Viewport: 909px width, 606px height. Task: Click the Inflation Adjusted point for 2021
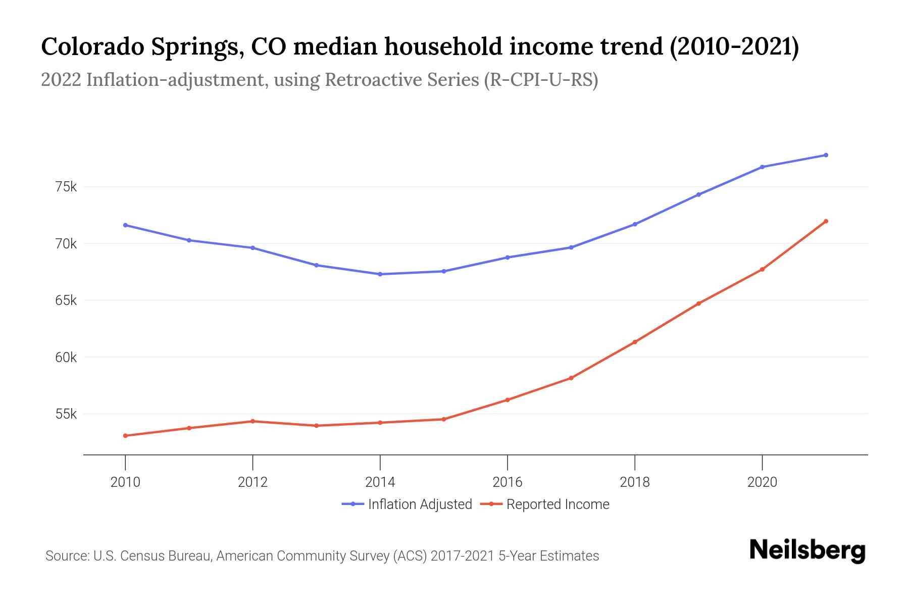pos(826,155)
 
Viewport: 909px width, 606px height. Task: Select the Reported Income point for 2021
pos(826,221)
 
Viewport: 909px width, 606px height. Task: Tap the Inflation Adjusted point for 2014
pos(380,274)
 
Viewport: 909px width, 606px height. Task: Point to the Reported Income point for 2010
pos(125,435)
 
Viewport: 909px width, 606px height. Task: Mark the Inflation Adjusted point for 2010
pos(125,225)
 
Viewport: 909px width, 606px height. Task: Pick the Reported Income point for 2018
pos(635,342)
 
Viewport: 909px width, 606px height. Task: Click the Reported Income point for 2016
pos(508,400)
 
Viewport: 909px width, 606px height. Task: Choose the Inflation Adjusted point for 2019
pos(698,194)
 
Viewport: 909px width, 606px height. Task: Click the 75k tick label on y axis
pos(66,187)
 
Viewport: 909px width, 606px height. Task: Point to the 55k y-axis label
pos(66,415)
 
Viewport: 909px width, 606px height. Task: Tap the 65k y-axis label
pos(66,301)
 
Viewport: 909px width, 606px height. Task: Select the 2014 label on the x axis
pos(380,482)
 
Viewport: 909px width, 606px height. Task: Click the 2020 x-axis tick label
pos(762,482)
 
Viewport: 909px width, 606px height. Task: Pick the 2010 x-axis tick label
pos(125,482)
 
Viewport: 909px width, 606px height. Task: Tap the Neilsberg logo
pos(807,550)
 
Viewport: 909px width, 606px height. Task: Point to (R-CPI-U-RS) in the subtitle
pos(541,80)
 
